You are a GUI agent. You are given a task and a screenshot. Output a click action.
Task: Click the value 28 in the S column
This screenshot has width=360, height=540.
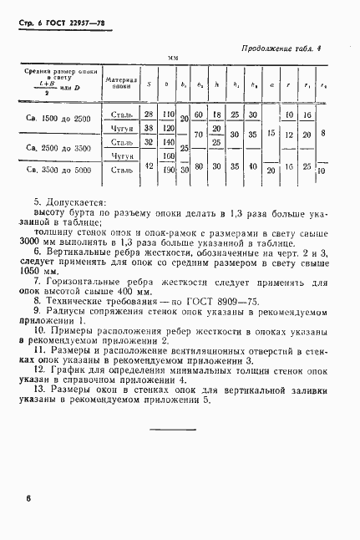149,114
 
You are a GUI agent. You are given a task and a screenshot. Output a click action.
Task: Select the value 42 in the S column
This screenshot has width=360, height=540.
149,168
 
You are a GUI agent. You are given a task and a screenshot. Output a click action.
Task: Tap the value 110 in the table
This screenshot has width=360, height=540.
167,114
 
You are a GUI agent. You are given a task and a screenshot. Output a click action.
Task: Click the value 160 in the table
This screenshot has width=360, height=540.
167,155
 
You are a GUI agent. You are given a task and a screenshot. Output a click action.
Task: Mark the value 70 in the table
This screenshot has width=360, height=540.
199,134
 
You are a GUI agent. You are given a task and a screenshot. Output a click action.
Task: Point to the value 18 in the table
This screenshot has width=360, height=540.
216,114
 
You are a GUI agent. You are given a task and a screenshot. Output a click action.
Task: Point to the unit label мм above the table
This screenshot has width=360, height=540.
174,59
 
